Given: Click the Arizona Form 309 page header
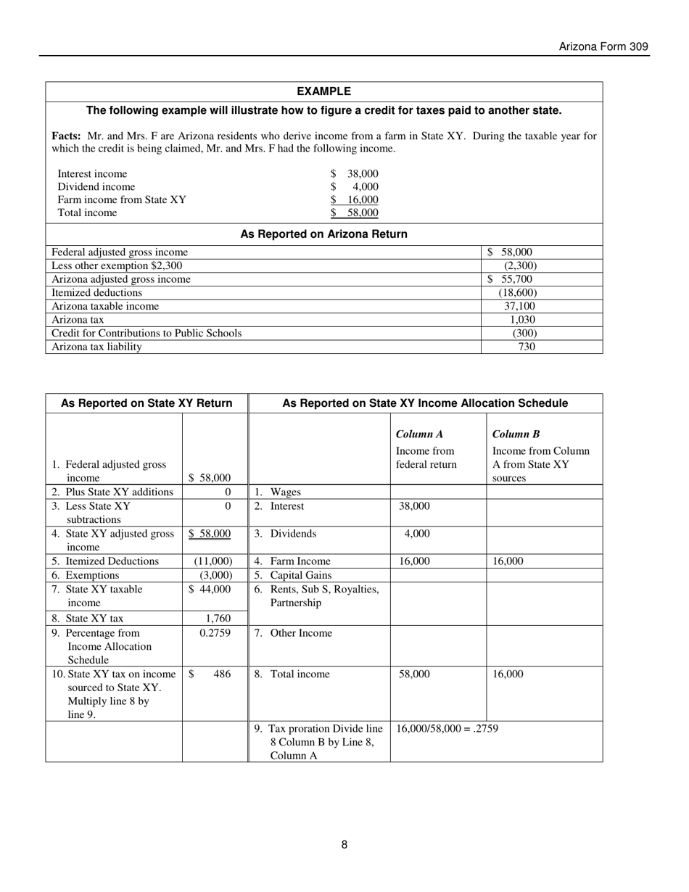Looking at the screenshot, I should pos(603,47).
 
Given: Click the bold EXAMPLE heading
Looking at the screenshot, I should pos(324,91).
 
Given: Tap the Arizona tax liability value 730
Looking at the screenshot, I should pos(527,347).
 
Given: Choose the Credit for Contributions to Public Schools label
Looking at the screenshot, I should pos(147,333).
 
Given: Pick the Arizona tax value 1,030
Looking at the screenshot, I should pos(522,320).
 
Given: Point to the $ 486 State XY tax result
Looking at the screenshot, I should pos(210,674).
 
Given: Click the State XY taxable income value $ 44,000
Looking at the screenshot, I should pos(210,590).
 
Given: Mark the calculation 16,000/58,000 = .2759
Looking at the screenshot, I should pos(447,729).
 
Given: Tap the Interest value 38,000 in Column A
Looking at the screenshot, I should pos(414,506).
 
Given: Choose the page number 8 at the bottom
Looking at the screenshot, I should pos(344,844).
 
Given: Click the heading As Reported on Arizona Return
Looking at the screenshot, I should pos(323,234).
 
